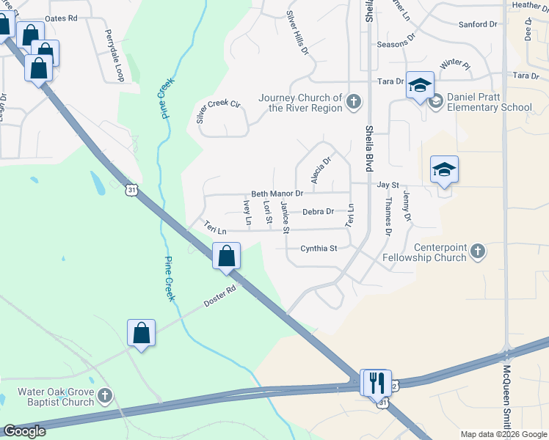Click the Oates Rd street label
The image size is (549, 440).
(x=61, y=18)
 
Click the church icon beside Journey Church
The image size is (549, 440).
(x=354, y=102)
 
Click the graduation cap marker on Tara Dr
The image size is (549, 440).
(x=420, y=86)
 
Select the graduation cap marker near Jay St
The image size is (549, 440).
(x=444, y=170)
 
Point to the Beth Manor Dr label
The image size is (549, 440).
(x=277, y=194)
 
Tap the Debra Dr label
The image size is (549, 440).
(x=318, y=212)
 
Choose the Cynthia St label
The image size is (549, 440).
(x=319, y=249)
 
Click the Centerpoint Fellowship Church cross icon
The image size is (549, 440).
(x=478, y=252)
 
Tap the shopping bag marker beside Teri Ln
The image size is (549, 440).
(x=227, y=257)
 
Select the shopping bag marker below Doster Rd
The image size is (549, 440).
(x=141, y=334)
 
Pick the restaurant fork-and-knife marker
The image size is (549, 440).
(x=377, y=382)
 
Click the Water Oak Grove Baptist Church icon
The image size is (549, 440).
(x=104, y=396)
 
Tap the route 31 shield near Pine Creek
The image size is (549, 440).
(x=131, y=190)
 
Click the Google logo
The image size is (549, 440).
(x=24, y=431)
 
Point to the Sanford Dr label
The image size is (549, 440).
(x=478, y=24)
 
